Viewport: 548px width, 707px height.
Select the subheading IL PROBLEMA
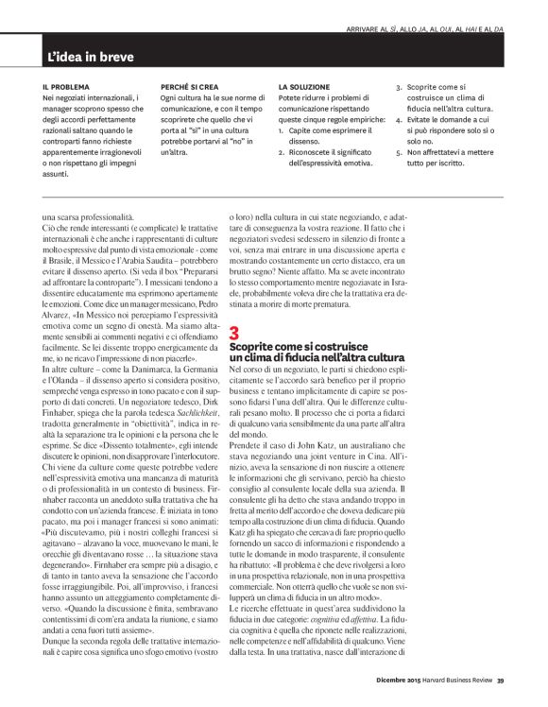tap(64, 86)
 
